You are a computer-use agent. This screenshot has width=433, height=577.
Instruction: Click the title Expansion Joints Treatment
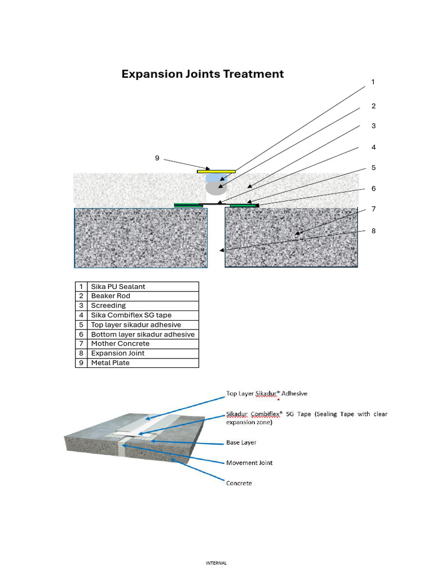click(x=202, y=74)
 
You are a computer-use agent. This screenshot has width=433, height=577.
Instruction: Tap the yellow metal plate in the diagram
click(x=216, y=171)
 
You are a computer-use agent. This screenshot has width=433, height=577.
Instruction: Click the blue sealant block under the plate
click(x=214, y=177)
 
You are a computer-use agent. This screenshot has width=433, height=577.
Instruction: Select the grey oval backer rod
click(x=216, y=187)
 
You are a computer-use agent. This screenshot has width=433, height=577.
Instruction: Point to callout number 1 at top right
click(x=373, y=82)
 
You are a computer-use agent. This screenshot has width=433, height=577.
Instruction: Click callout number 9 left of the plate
click(x=157, y=158)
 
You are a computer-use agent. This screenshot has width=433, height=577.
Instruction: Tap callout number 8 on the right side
click(x=373, y=231)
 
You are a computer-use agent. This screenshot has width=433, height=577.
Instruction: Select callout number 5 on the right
click(x=373, y=168)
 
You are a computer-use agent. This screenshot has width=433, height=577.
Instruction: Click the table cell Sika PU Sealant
click(x=118, y=287)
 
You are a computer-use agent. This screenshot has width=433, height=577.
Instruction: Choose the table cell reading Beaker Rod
click(x=111, y=296)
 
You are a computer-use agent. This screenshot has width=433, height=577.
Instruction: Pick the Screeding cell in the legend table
click(x=108, y=305)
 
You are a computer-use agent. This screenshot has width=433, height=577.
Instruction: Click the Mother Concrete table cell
click(x=120, y=344)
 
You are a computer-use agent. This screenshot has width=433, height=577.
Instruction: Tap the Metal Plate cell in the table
click(x=110, y=363)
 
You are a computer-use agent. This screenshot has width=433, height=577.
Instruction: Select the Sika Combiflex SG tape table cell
click(x=131, y=315)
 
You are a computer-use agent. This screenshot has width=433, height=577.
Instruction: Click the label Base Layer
click(x=241, y=443)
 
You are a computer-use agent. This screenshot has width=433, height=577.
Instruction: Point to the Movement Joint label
click(x=249, y=463)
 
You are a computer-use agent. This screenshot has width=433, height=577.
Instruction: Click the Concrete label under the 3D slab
click(x=239, y=483)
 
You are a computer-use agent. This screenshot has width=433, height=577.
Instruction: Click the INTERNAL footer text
click(x=216, y=562)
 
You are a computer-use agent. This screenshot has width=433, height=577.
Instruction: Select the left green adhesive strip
click(x=188, y=205)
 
